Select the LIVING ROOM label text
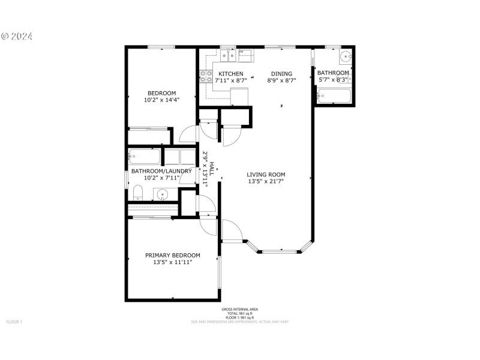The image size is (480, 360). [x=266, y=175]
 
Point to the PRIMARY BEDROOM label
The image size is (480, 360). [x=173, y=255]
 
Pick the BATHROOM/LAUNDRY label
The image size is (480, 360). [x=161, y=171]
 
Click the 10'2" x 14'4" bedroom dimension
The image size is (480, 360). [x=162, y=100]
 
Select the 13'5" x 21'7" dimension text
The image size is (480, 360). [x=266, y=181]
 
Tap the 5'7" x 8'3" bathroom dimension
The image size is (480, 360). [x=333, y=79]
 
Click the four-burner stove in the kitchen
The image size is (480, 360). [x=205, y=76]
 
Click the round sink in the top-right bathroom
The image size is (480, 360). [x=345, y=57]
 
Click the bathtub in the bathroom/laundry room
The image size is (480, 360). [x=145, y=157]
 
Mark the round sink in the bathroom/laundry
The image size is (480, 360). [x=163, y=194]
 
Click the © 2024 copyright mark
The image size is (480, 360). [x=17, y=36]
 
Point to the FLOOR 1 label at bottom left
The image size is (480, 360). [x=14, y=322]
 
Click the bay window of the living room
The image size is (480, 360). [x=280, y=250]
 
